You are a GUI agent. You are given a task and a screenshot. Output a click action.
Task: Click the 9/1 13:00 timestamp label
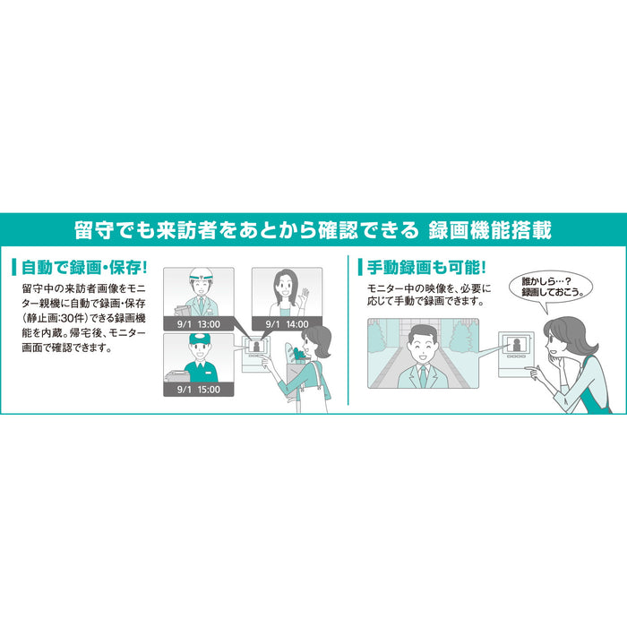pyautogui.click(x=198, y=324)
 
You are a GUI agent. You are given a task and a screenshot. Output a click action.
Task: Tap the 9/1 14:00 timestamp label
pyautogui.click(x=287, y=324)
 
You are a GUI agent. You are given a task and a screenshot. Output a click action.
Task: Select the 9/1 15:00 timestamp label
pyautogui.click(x=198, y=389)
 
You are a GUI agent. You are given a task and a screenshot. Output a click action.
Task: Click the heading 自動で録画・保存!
pyautogui.click(x=84, y=268)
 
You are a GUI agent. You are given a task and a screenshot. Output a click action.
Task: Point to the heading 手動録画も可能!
pyautogui.click(x=426, y=267)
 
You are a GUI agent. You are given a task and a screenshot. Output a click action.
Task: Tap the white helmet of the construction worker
pyautogui.click(x=200, y=275)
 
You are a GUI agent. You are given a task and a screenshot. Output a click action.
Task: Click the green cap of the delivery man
pyautogui.click(x=199, y=339)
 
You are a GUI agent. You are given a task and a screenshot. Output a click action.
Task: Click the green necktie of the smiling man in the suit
pyautogui.click(x=423, y=377)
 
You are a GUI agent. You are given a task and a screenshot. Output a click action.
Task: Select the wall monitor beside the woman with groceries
pyautogui.click(x=256, y=355)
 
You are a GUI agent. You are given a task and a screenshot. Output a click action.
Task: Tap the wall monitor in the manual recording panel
pyautogui.click(x=516, y=355)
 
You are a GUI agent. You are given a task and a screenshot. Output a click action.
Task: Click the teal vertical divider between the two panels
pyautogui.click(x=348, y=331)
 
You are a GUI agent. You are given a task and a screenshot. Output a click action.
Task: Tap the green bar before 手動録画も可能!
pyautogui.click(x=360, y=267)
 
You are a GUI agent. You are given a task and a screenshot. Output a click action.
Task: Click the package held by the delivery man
pyautogui.click(x=177, y=376)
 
